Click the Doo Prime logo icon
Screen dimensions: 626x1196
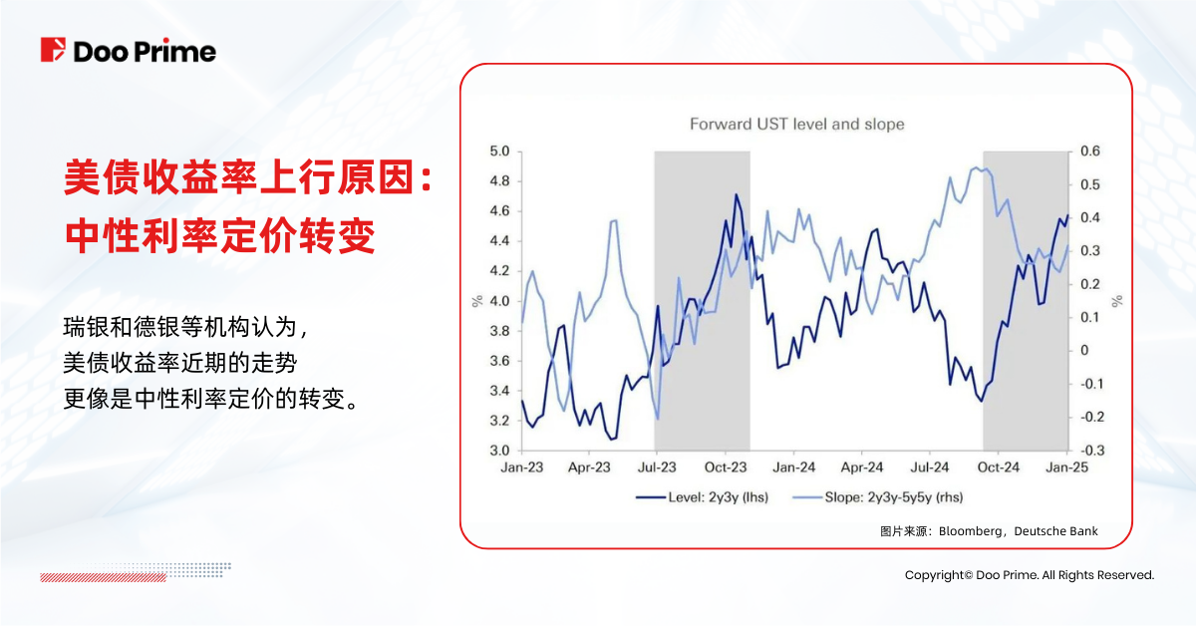tap(54, 50)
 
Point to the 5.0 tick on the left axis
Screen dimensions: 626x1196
tap(499, 152)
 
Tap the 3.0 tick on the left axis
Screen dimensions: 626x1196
tap(499, 451)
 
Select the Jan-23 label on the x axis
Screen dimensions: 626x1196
tap(521, 467)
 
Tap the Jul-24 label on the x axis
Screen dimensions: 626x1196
tap(930, 467)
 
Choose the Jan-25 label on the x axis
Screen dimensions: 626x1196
tap(1066, 467)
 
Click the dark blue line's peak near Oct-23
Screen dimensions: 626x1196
tap(736, 194)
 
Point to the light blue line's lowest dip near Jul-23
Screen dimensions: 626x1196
tap(657, 419)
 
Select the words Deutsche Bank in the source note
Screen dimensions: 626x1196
tap(1055, 531)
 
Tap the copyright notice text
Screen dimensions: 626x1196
tap(1029, 575)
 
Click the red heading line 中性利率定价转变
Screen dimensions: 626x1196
tap(219, 235)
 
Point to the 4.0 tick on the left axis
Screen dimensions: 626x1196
tap(499, 301)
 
